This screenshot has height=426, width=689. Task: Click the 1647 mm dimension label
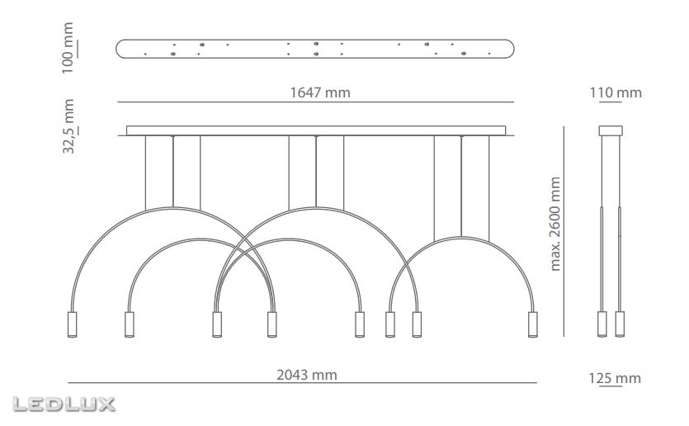(x=320, y=92)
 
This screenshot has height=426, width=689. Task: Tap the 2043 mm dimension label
(x=307, y=375)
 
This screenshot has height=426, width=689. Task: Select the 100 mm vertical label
(x=68, y=48)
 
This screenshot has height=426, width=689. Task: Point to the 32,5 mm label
(x=68, y=126)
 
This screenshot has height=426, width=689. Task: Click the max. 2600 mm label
(x=555, y=224)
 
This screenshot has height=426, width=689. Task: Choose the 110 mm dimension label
(x=616, y=92)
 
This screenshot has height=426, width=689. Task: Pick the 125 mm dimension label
(x=615, y=378)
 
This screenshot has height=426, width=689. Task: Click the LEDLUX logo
(x=64, y=405)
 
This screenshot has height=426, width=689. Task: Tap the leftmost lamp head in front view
(x=72, y=324)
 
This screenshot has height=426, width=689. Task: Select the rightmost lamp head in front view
(x=532, y=324)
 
